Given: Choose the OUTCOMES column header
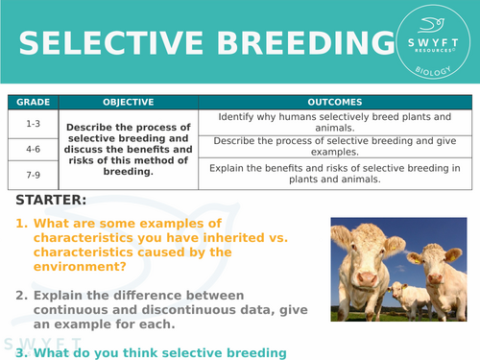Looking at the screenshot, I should coord(334,102).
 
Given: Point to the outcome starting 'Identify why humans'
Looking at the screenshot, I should coord(334,123).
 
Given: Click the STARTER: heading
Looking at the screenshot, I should coord(51,201).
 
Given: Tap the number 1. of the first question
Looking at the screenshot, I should coord(21,224).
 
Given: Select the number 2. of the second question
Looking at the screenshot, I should coord(21,295).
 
